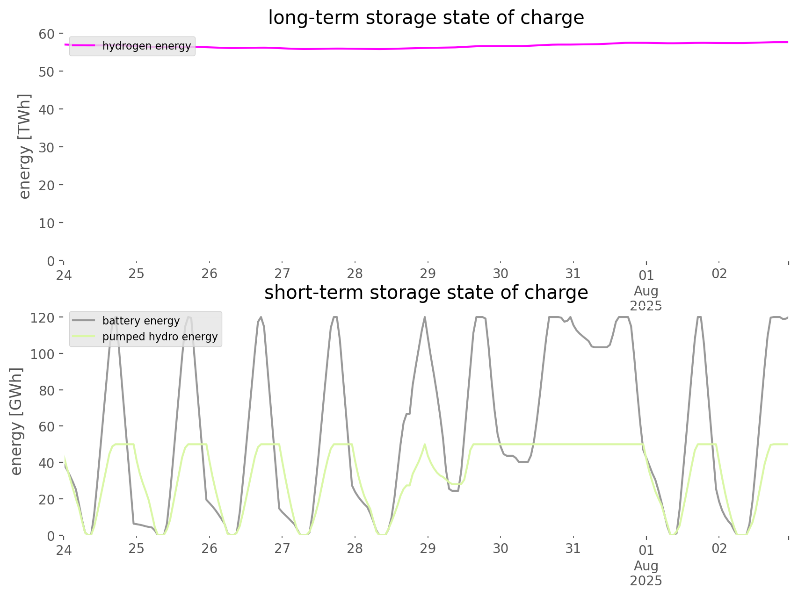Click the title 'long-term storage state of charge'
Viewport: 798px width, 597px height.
click(426, 18)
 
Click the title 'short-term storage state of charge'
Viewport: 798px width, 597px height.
click(426, 293)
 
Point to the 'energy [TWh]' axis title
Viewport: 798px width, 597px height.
click(25, 146)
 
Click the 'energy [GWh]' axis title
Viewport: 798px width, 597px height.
click(16, 421)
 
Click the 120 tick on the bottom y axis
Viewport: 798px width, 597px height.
click(43, 317)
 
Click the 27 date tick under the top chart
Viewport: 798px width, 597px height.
click(282, 273)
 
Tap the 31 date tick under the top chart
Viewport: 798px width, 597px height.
click(573, 273)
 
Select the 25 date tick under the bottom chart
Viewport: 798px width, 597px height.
click(137, 548)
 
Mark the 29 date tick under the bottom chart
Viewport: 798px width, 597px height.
click(428, 548)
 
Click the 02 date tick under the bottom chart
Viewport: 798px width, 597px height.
click(719, 548)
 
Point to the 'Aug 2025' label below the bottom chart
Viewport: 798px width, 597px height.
click(646, 573)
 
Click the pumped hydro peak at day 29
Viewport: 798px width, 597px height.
click(425, 444)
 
